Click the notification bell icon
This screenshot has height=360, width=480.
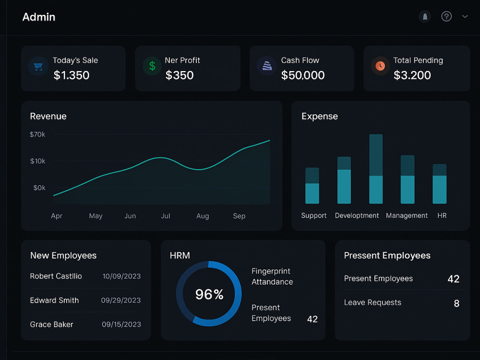click(425, 16)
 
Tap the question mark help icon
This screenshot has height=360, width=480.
click(446, 16)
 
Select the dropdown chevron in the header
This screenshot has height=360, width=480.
click(465, 16)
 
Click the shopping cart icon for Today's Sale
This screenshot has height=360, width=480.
click(38, 66)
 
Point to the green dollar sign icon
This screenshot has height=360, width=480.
click(152, 66)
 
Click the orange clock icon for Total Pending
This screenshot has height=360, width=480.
click(380, 66)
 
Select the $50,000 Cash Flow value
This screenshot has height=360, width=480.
click(303, 75)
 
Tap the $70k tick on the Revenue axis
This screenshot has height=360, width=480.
click(37, 134)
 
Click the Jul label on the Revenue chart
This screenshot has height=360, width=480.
click(165, 216)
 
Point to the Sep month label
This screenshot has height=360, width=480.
click(239, 216)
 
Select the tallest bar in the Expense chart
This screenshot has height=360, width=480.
click(376, 168)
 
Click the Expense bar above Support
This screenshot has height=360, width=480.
click(312, 185)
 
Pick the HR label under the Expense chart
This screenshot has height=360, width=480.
click(442, 216)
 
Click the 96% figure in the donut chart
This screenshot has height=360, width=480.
click(209, 294)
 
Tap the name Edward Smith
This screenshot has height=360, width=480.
click(54, 300)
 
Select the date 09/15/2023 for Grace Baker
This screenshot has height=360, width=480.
click(121, 324)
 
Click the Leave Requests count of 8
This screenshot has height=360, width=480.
click(456, 303)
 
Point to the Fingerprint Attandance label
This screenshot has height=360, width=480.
click(272, 276)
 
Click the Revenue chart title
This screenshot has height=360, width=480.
click(48, 116)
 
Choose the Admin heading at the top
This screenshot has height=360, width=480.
click(39, 17)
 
